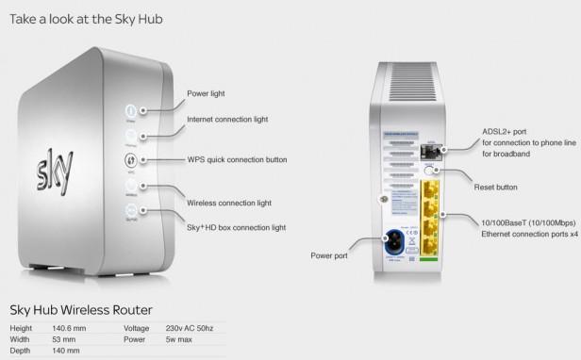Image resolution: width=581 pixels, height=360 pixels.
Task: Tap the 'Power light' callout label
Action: pyautogui.click(x=206, y=94)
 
